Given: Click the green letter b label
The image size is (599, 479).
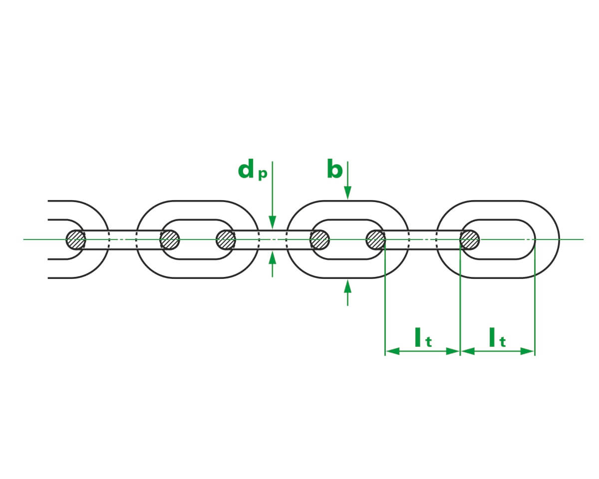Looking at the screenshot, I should [x=334, y=170].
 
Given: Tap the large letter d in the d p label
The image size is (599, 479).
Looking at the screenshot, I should [x=246, y=170].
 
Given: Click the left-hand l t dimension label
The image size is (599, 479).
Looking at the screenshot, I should [x=422, y=338].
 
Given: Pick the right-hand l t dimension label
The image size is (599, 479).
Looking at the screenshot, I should [x=497, y=338].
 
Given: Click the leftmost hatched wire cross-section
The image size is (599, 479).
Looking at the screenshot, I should [x=76, y=239].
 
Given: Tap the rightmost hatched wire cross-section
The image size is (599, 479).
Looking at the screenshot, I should [x=469, y=239].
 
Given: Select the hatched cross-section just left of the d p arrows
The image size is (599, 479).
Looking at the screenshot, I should [x=226, y=239].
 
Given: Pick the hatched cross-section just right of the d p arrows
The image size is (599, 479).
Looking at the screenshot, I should [x=319, y=239].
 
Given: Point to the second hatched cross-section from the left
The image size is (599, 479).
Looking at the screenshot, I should [x=169, y=239].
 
